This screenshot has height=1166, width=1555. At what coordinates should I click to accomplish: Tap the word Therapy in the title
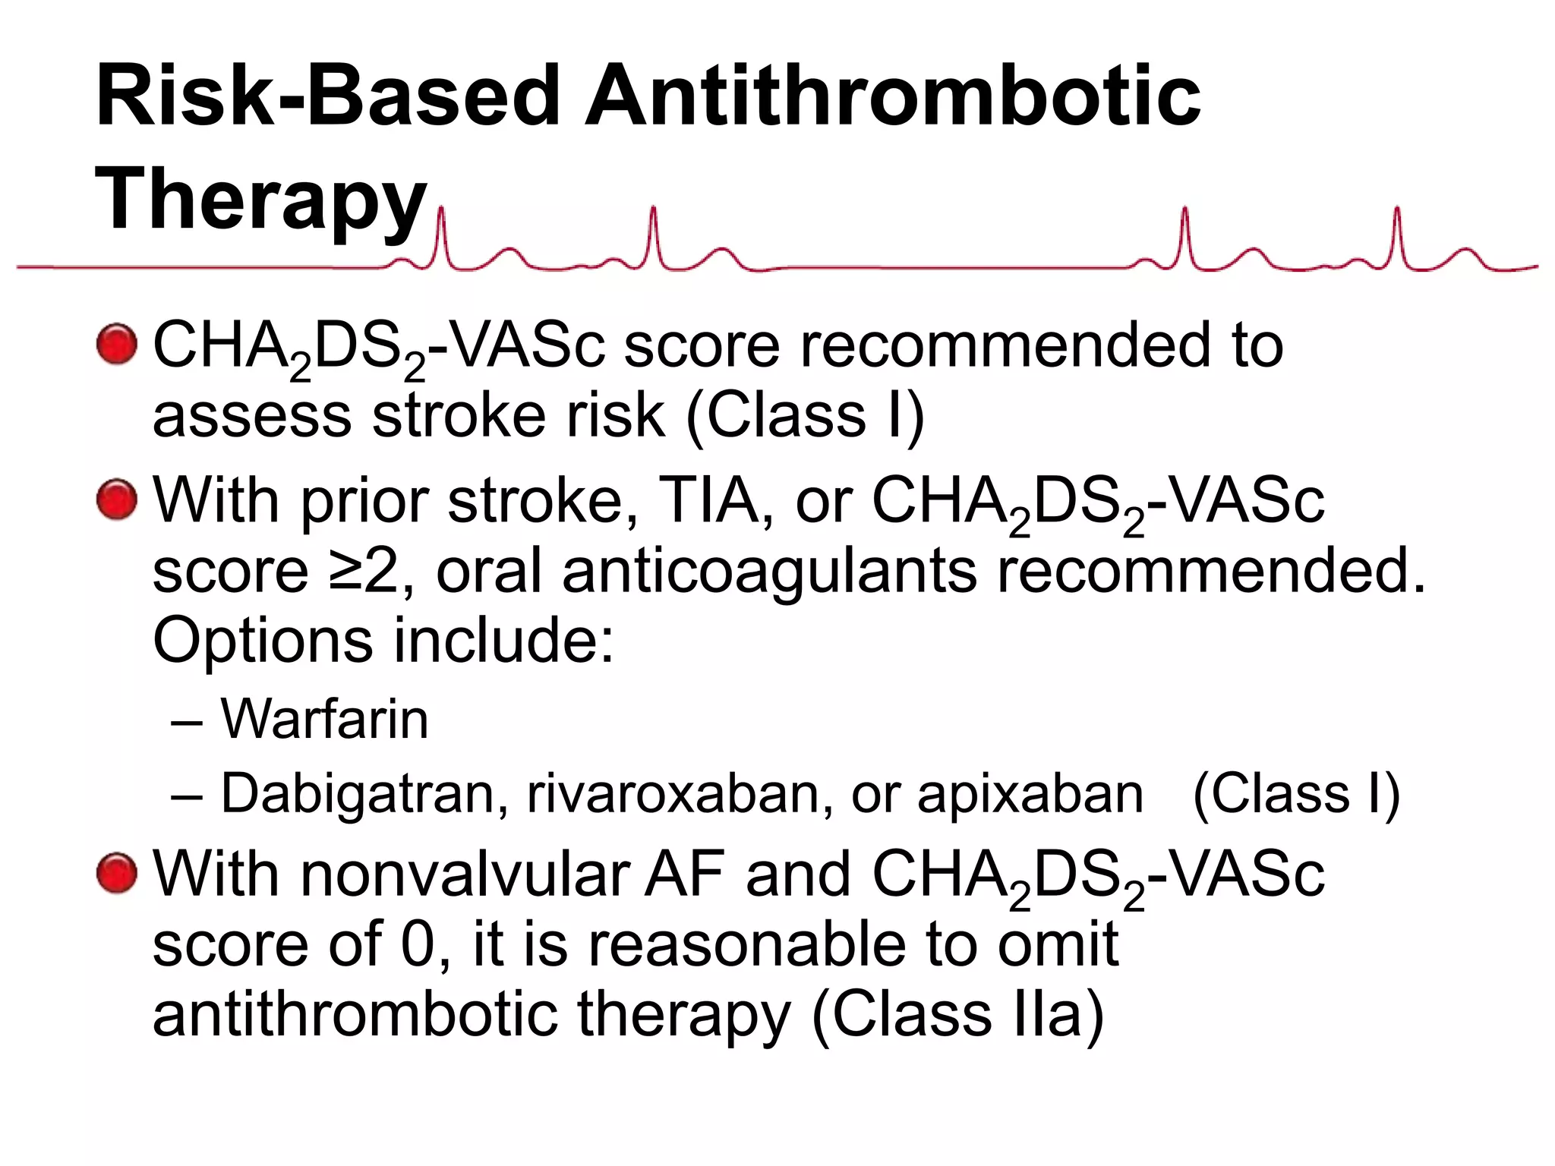[260, 200]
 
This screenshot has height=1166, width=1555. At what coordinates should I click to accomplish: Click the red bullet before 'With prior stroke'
[117, 499]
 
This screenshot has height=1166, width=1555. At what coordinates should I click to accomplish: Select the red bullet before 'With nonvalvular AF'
[117, 873]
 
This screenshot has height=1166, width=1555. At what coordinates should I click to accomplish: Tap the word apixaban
[1030, 794]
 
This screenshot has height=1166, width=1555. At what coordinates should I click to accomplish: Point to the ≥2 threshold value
[364, 571]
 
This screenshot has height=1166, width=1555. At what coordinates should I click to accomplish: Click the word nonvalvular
[465, 874]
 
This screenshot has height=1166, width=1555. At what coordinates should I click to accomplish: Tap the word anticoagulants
[769, 571]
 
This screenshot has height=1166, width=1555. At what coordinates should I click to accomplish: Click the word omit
[1058, 944]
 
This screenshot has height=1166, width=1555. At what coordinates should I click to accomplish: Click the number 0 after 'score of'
[417, 944]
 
